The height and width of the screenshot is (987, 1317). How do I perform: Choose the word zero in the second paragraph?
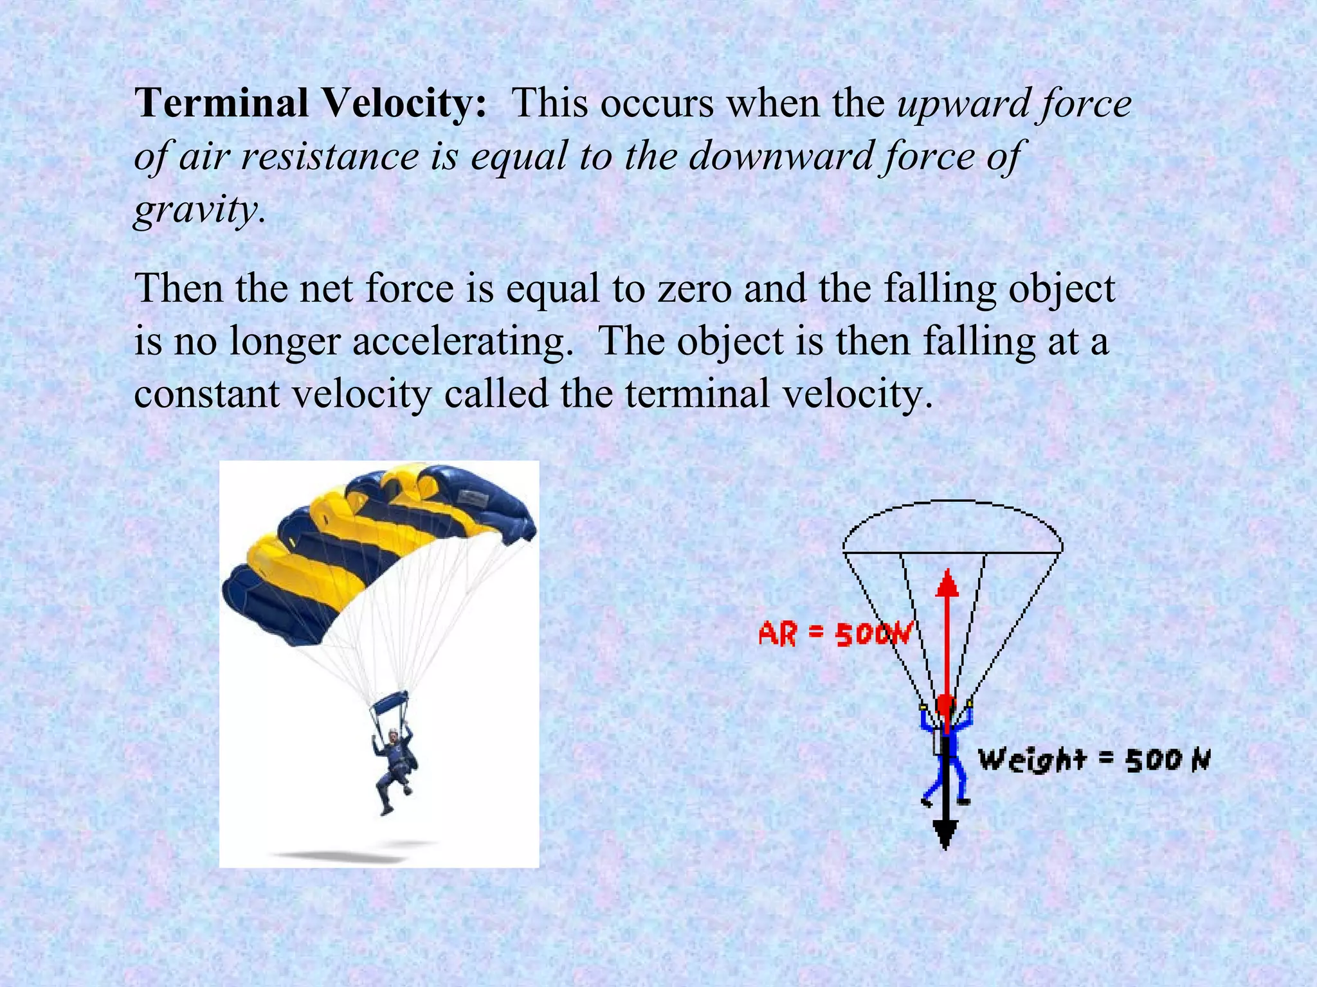694,289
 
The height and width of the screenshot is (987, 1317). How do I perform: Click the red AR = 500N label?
835,634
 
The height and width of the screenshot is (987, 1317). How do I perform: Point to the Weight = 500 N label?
1094,760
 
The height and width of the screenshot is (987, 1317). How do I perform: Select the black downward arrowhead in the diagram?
945,836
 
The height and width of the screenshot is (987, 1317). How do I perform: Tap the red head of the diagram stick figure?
945,705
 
